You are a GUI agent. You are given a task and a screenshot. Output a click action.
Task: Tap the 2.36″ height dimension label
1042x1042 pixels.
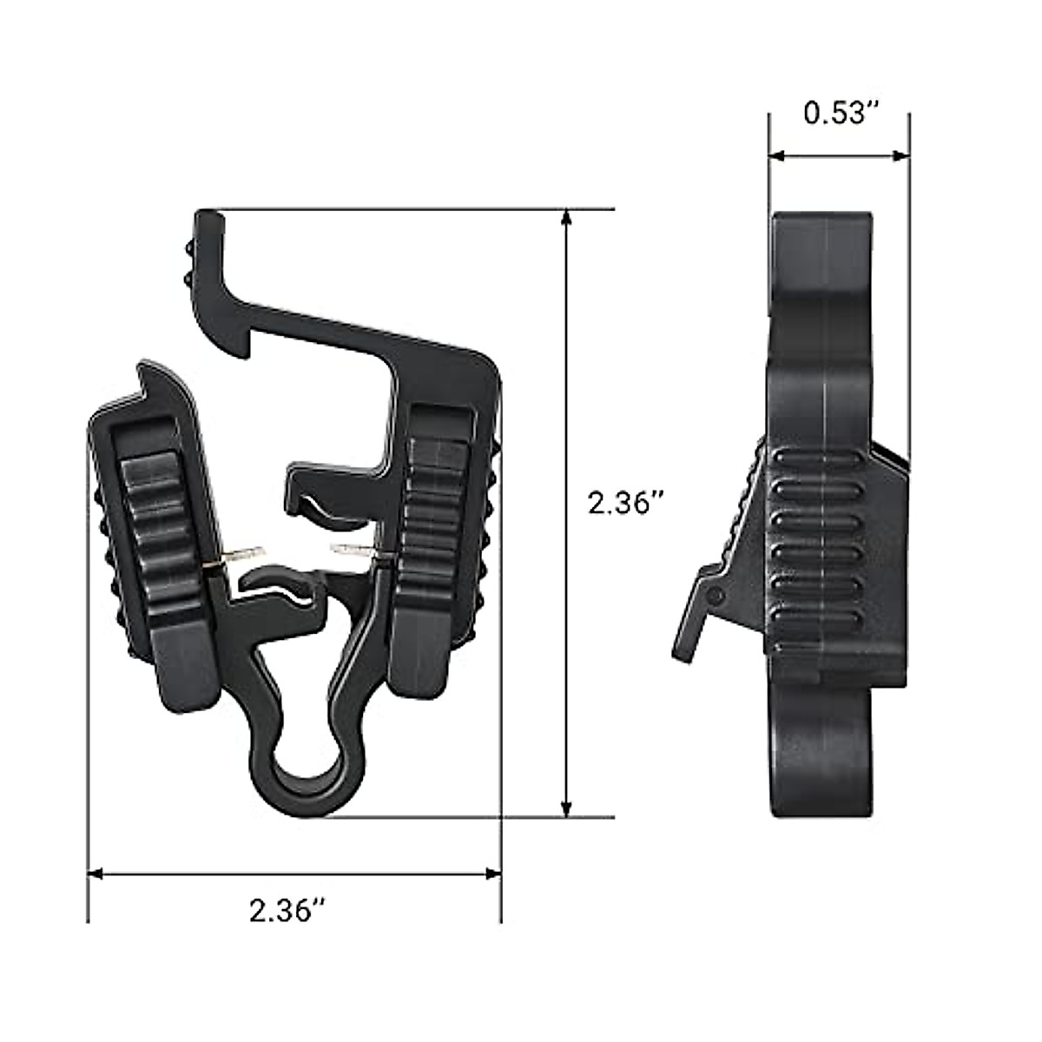(625, 504)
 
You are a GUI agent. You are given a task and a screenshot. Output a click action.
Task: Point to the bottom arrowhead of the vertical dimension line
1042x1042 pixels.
(566, 823)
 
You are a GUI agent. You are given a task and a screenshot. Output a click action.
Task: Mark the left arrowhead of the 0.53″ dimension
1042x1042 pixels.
(777, 155)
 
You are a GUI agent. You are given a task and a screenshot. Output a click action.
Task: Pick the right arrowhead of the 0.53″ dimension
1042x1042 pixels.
(900, 155)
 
